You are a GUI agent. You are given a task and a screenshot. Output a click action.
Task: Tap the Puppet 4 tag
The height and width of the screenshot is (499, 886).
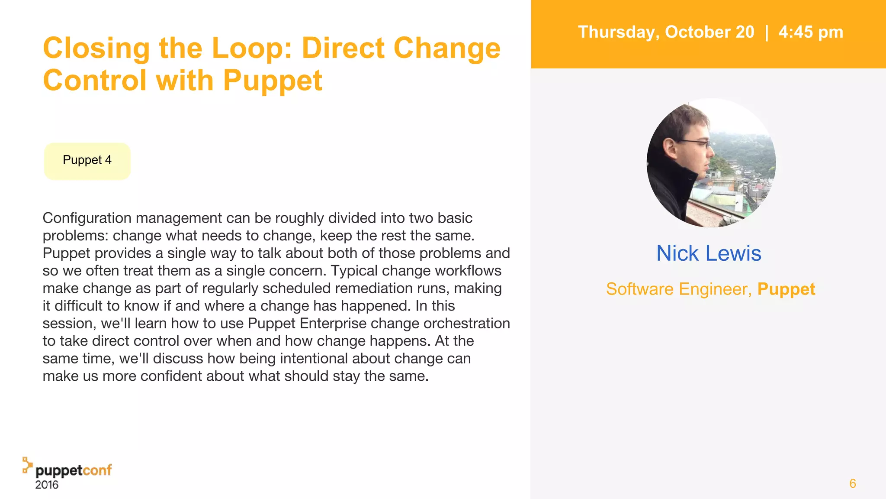[87, 160]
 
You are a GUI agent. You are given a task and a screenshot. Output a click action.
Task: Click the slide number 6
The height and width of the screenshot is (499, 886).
[852, 483]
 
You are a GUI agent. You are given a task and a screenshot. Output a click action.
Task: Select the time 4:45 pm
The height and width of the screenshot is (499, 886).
[811, 32]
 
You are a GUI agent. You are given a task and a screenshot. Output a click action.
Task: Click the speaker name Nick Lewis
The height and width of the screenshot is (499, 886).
[708, 253]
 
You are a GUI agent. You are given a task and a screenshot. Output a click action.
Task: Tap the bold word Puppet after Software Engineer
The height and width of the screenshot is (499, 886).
[786, 289]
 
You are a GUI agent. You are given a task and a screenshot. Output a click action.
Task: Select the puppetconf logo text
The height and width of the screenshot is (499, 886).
[73, 470]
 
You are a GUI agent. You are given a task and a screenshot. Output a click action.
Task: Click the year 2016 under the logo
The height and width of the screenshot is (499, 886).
[47, 485]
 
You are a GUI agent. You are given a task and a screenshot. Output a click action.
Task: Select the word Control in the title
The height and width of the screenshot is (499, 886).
[95, 81]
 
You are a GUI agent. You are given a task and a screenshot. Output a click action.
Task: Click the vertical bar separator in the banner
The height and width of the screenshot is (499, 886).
[767, 32]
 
